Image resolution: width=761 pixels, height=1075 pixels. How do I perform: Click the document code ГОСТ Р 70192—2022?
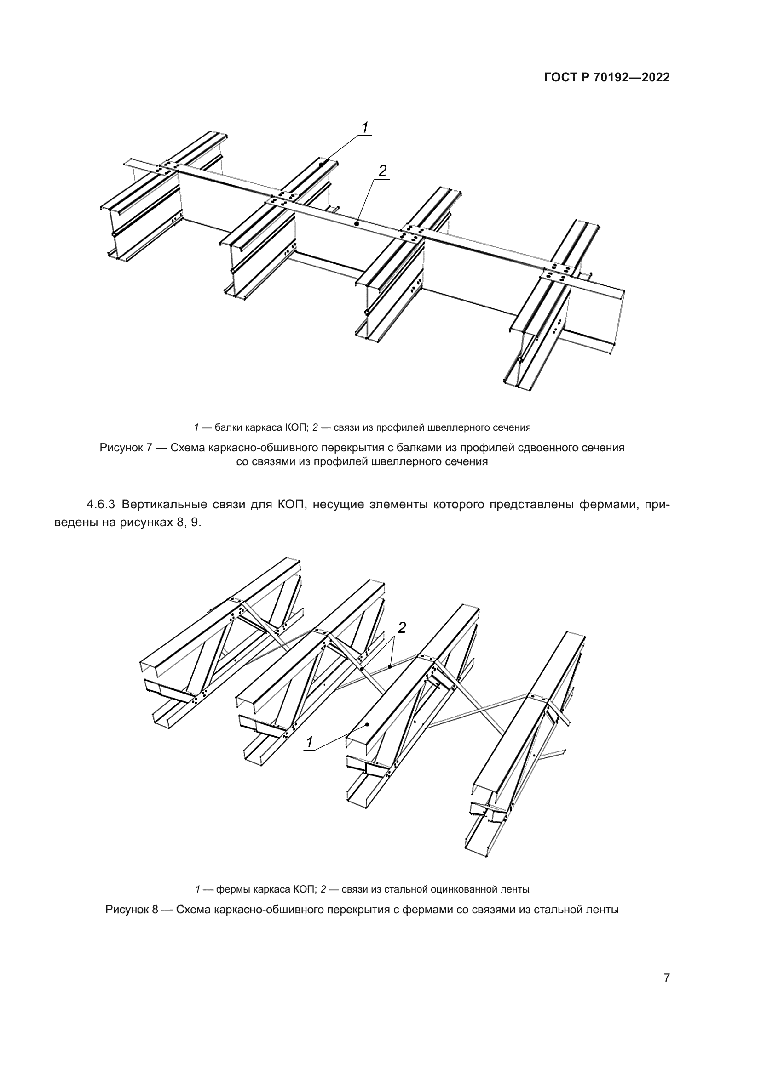tap(607, 78)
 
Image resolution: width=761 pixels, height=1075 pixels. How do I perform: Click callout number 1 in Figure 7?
tap(364, 127)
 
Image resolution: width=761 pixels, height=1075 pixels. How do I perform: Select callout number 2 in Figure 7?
tap(382, 171)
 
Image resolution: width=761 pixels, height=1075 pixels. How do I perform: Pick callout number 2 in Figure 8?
tap(402, 628)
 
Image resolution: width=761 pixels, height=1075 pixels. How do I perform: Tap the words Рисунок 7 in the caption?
tap(126, 448)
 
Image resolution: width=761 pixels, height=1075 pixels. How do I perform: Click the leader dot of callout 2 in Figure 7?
tap(357, 224)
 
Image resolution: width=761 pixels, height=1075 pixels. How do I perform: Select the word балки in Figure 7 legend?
tap(228, 427)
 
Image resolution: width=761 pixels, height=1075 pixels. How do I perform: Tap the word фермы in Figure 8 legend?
tap(232, 889)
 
